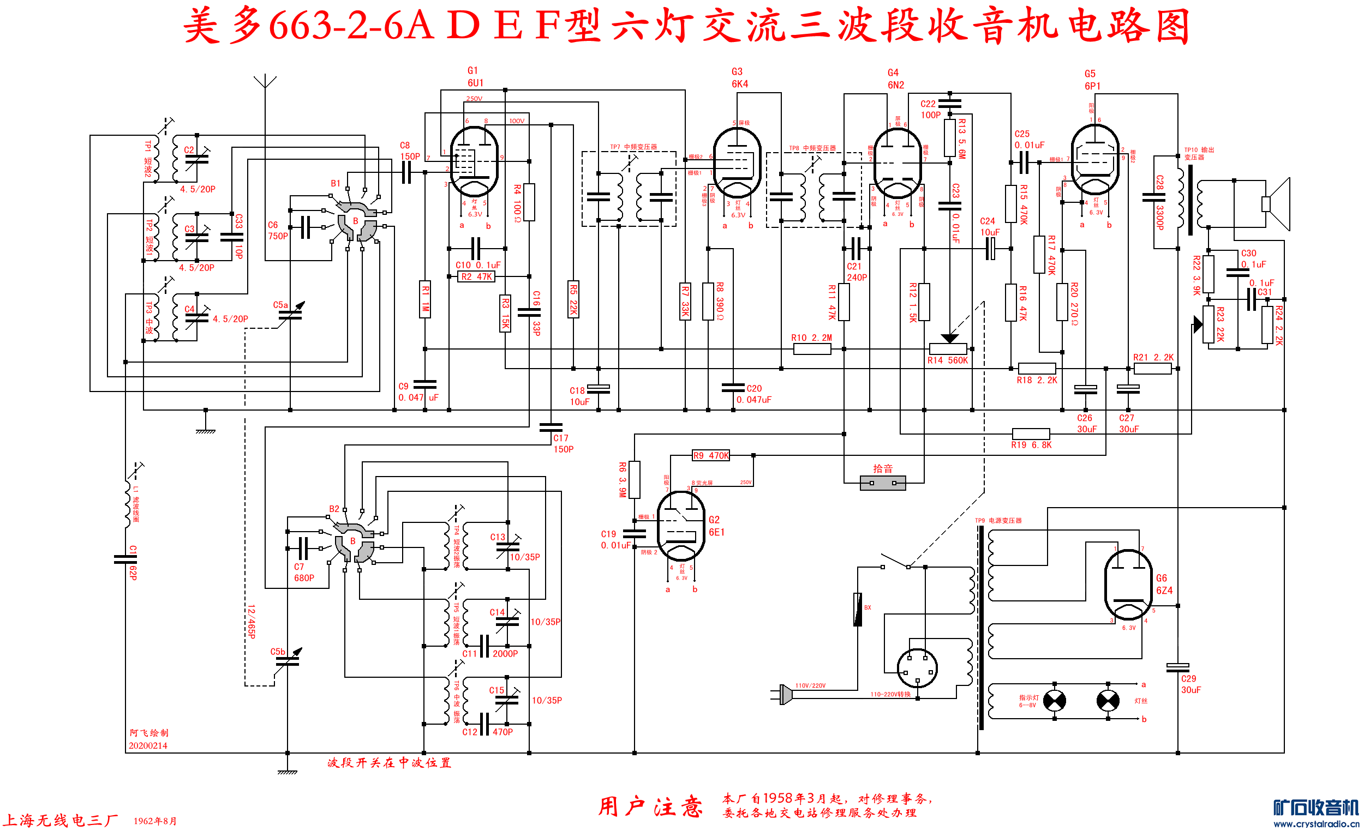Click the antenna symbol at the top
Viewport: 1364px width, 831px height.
click(265, 82)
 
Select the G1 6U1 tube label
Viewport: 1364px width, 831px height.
click(475, 77)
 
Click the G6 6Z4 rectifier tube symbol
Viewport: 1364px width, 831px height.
click(1128, 584)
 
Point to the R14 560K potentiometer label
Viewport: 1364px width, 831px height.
click(947, 361)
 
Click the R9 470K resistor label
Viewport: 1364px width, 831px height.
click(711, 455)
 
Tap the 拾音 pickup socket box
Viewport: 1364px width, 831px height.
click(882, 483)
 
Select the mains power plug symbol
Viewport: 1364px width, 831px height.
click(783, 694)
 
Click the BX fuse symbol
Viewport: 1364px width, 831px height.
click(858, 609)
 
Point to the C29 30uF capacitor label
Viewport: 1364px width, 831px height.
click(1190, 684)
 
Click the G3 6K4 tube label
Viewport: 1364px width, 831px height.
click(739, 78)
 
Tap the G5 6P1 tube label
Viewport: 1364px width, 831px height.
click(1092, 80)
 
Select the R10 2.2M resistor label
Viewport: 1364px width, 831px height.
click(811, 338)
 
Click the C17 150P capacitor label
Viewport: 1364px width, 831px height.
click(563, 444)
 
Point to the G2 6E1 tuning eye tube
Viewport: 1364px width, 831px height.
click(680, 526)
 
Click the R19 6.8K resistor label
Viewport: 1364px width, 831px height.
click(1031, 445)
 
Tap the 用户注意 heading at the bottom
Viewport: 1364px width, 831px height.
click(650, 806)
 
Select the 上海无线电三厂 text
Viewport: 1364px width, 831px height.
click(61, 820)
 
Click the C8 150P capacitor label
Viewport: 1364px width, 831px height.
click(409, 151)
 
